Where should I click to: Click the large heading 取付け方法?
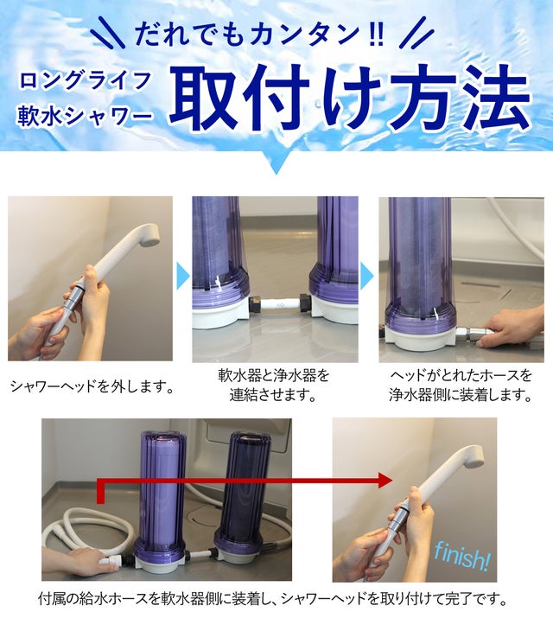349,99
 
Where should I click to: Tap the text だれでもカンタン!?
260,35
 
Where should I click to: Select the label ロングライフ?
86,80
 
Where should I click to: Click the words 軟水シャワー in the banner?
85,117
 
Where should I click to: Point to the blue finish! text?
461,555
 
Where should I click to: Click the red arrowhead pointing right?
385,480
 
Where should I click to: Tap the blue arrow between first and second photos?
183,277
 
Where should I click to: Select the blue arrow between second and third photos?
366,277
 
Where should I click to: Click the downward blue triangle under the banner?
276,164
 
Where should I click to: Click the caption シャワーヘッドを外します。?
92,386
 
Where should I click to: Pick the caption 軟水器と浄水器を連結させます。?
274,386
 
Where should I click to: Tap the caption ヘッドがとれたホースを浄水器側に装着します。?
461,386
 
